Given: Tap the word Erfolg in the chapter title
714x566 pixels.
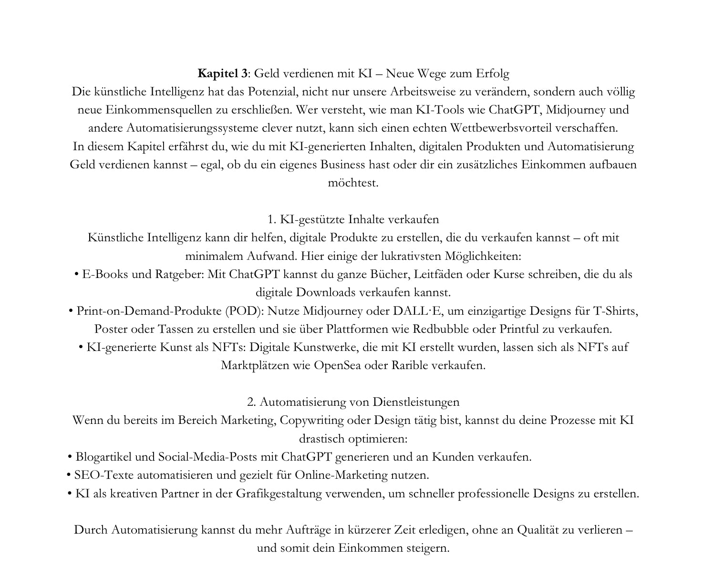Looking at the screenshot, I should [x=492, y=74].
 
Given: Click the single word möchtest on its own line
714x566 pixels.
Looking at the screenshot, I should [x=353, y=183].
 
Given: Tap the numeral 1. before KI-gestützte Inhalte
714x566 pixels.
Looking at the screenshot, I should [x=272, y=219].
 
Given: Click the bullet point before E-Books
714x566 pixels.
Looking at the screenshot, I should [x=77, y=275].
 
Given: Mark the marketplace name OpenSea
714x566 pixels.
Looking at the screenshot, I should [x=337, y=366].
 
